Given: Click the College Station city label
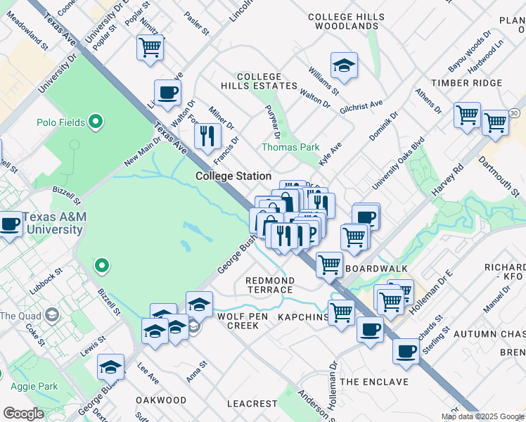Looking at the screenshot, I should (x=233, y=176).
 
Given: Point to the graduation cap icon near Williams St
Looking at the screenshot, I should (x=344, y=66).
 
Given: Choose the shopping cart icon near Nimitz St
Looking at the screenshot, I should (x=150, y=48).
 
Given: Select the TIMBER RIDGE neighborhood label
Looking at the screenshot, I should (x=467, y=83).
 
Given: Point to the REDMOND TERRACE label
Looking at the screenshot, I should (x=269, y=285).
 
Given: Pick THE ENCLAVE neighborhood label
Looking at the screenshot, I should (x=374, y=382).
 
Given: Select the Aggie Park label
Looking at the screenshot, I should (x=34, y=386).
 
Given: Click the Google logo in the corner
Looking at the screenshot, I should (x=23, y=414).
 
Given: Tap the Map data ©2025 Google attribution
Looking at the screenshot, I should (x=482, y=416).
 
